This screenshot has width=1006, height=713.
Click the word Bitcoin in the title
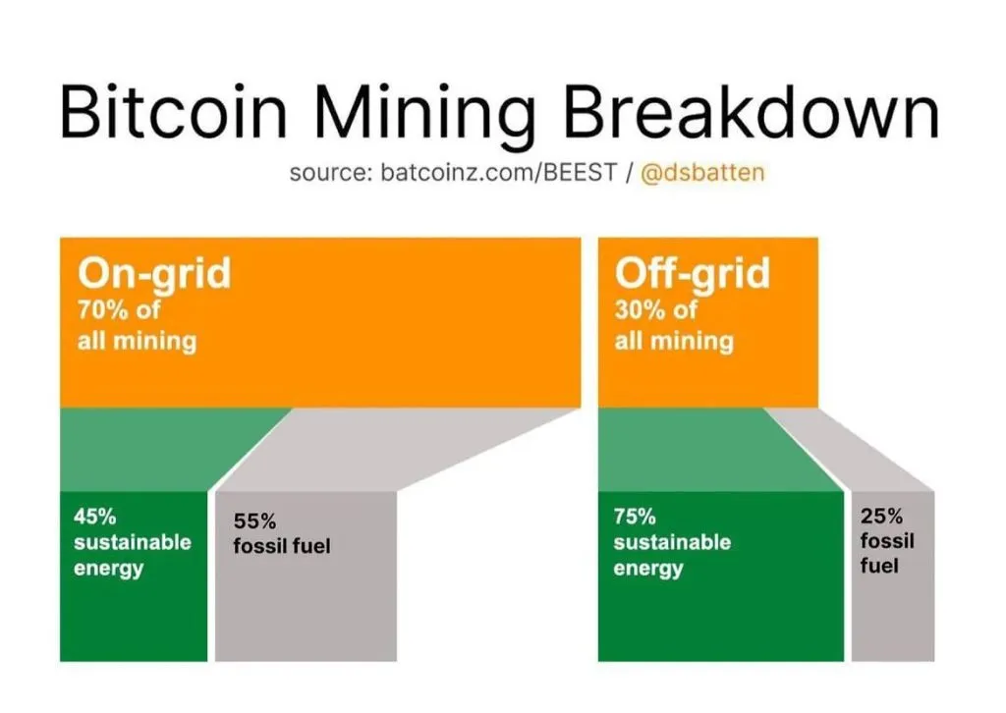click(x=173, y=112)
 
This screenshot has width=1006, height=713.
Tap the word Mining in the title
click(x=425, y=118)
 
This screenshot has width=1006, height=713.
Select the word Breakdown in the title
click(x=752, y=112)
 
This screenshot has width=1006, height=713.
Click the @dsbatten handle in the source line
click(x=702, y=173)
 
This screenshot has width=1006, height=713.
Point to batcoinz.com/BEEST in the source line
click(x=498, y=173)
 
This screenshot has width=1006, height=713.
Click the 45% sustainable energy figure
click(x=95, y=517)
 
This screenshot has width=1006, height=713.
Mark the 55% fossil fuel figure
click(x=254, y=521)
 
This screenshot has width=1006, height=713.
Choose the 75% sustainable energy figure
click(x=635, y=517)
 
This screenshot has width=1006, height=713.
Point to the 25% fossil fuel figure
click(x=881, y=516)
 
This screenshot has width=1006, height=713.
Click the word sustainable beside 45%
click(x=133, y=542)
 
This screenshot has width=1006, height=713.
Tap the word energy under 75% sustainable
click(x=648, y=569)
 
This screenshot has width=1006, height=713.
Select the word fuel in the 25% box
click(x=879, y=566)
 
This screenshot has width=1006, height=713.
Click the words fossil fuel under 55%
click(x=282, y=546)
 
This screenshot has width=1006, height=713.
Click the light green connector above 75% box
click(x=705, y=449)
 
